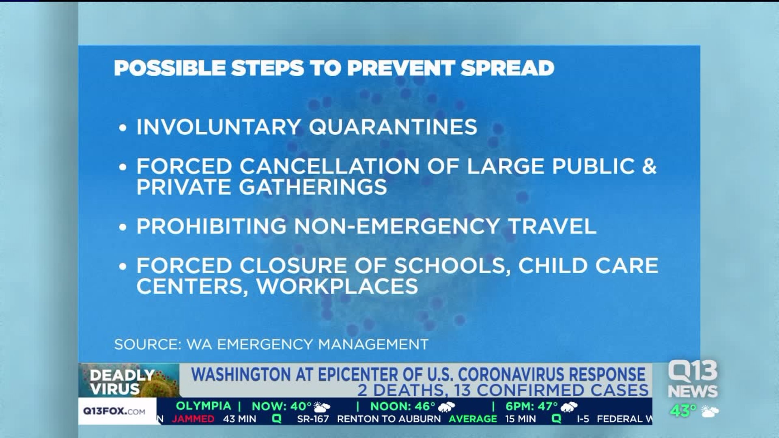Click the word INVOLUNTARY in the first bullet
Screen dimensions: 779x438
point(218,127)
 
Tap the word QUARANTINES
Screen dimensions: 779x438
point(393,127)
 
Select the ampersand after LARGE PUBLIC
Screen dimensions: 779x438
point(649,166)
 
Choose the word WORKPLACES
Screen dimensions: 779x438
point(337,286)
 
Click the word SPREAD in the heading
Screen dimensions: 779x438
point(507,68)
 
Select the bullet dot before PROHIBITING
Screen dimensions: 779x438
point(123,227)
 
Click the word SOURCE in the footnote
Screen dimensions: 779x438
point(147,344)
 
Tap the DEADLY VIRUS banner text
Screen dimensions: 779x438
point(122,382)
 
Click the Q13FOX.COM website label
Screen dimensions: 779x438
point(114,411)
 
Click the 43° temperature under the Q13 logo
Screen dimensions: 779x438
point(683,411)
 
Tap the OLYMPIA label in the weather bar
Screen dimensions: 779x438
point(203,406)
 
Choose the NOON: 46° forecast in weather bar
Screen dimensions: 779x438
point(402,406)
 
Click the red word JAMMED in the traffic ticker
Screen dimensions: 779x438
point(193,419)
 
